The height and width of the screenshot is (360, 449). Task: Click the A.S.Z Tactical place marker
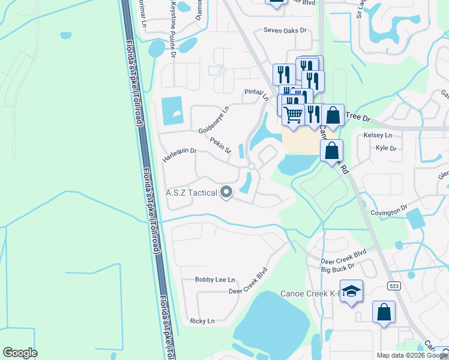226,193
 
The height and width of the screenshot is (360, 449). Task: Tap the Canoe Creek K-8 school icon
351,291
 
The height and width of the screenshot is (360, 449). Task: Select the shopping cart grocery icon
293,113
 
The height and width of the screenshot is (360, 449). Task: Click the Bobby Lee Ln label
215,280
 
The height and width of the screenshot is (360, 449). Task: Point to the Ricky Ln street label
202,321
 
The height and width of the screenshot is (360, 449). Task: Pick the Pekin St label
221,145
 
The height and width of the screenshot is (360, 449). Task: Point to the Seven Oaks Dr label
285,30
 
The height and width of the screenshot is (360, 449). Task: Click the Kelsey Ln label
378,136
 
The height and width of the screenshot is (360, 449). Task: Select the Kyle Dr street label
386,148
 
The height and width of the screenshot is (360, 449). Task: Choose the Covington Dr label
389,212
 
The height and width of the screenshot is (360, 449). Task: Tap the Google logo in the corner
20,353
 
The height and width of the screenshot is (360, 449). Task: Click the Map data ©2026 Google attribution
412,355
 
